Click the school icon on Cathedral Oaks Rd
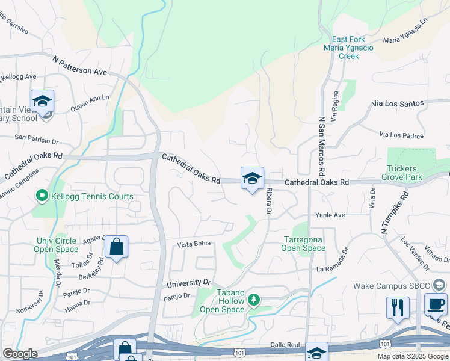point(253,179)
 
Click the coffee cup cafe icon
point(436,304)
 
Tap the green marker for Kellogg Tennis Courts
point(42,196)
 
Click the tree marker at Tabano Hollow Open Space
point(254,299)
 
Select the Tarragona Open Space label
point(304,243)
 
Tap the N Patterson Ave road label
point(79,67)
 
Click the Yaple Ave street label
point(331,215)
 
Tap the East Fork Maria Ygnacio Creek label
point(349,48)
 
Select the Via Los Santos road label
point(398,103)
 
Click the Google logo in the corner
point(19,354)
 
